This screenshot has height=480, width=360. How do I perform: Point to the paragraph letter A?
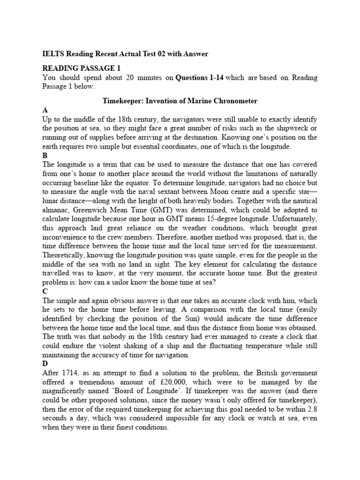coord(45,110)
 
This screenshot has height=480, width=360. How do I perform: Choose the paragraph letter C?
coord(45,291)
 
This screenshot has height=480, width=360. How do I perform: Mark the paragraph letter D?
coord(45,364)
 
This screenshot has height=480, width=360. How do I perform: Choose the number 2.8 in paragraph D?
coord(312,409)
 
